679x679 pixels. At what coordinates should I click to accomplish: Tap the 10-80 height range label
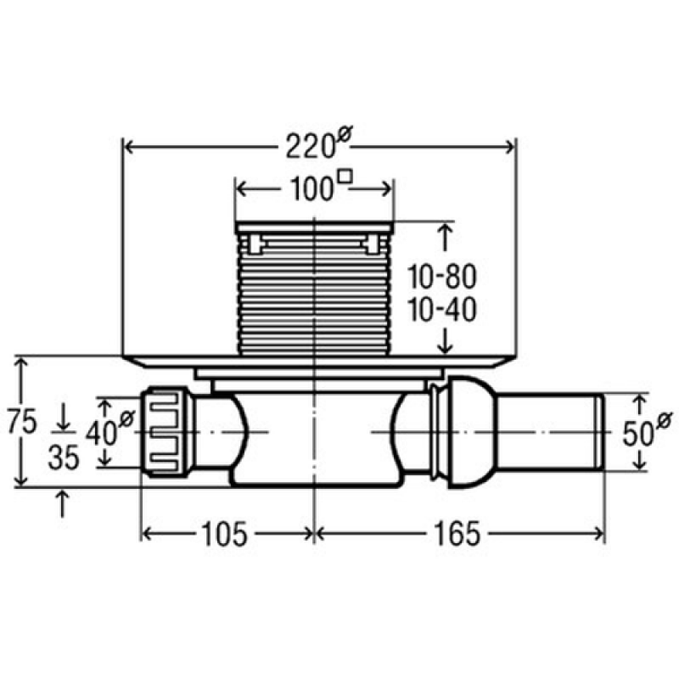click(442, 277)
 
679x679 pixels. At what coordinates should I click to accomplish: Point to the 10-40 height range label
click(442, 310)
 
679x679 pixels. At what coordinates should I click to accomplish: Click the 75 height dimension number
click(22, 422)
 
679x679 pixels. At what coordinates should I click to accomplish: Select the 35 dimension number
click(64, 457)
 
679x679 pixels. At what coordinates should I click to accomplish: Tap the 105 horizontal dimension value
click(224, 534)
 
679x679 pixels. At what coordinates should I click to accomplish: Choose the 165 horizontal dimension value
click(457, 534)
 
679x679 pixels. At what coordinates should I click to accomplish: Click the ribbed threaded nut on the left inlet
click(166, 432)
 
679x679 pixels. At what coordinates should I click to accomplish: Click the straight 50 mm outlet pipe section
click(551, 432)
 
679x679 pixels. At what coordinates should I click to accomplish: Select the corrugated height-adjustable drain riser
click(314, 289)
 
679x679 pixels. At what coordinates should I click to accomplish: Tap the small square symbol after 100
click(345, 177)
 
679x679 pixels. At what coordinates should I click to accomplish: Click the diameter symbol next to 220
click(345, 132)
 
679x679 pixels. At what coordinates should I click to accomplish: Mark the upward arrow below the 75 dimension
click(63, 503)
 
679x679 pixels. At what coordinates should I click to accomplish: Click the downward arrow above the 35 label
click(63, 417)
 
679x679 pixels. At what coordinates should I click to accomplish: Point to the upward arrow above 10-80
click(445, 238)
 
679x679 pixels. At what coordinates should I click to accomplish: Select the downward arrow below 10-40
click(445, 341)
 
